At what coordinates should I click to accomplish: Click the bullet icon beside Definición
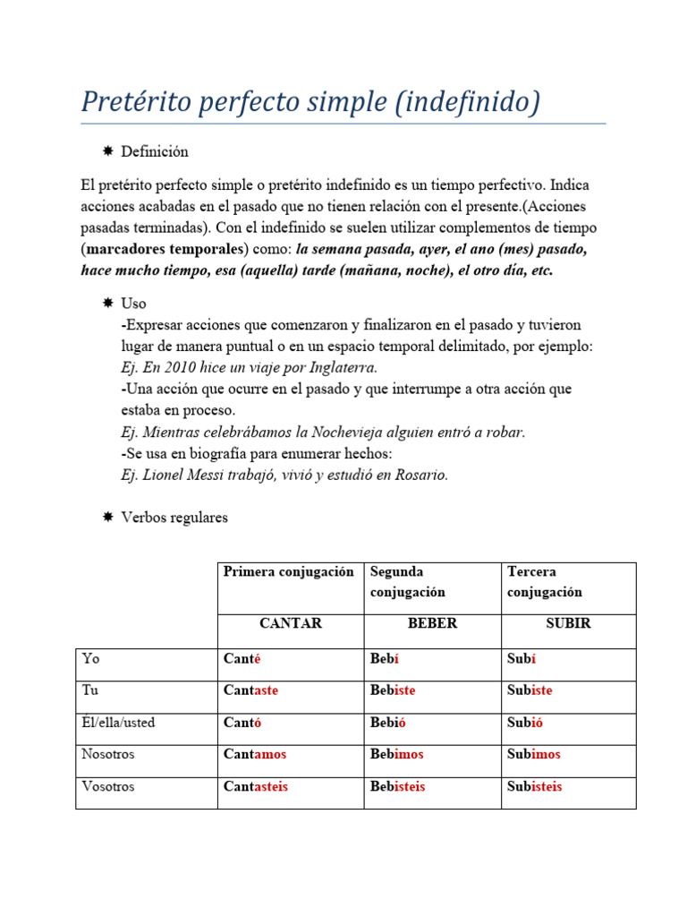[107, 151]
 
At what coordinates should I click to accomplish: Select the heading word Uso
[133, 304]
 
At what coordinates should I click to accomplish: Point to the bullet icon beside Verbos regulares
[107, 518]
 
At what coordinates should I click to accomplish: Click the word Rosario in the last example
[420, 475]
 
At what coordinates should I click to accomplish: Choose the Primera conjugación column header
[288, 571]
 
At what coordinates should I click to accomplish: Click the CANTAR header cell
[290, 623]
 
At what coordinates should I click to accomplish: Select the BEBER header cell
[432, 623]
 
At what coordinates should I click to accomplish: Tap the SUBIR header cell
[568, 623]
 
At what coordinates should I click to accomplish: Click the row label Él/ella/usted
[118, 722]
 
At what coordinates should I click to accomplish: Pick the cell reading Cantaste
[251, 690]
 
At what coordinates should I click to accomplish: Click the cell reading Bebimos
[396, 754]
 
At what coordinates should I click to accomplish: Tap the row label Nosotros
[108, 754]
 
